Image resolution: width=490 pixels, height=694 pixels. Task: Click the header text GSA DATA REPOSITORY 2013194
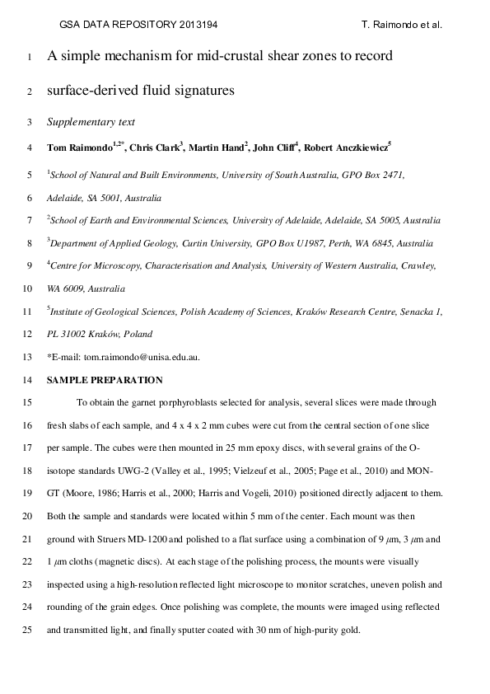pos(139,25)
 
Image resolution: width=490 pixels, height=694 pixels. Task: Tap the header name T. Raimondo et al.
pos(402,25)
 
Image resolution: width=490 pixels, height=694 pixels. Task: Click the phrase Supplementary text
pos(91,122)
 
